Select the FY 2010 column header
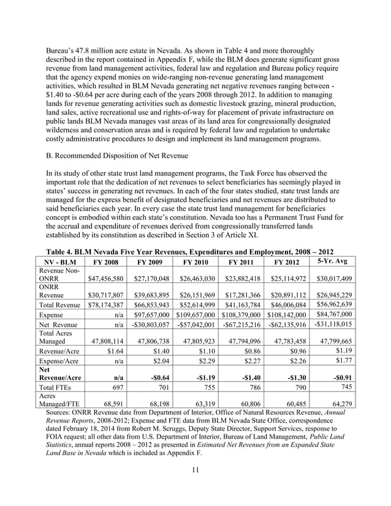tap(195, 262)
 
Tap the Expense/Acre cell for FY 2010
tap(202, 363)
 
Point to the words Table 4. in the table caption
tap(63, 252)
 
